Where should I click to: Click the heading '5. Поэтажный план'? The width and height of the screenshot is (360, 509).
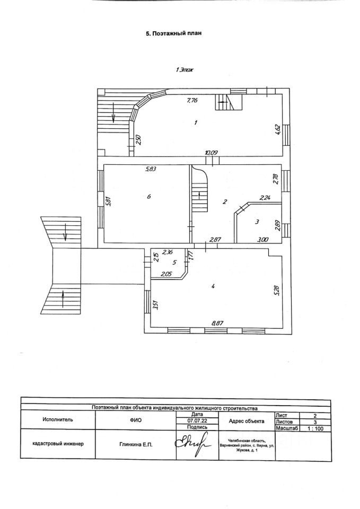174,33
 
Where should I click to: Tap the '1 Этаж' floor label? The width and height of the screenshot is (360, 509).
185,69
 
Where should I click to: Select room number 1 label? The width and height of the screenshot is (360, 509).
196,123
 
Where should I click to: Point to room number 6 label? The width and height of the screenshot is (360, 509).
150,196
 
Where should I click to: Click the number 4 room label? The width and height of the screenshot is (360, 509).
212,286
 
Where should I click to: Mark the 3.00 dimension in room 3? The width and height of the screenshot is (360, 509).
262,240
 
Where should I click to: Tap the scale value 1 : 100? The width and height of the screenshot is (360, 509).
315,428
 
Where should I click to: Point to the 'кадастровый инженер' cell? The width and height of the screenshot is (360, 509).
58,444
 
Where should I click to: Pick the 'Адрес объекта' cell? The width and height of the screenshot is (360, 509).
246,420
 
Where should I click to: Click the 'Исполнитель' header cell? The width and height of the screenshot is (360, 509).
58,419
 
